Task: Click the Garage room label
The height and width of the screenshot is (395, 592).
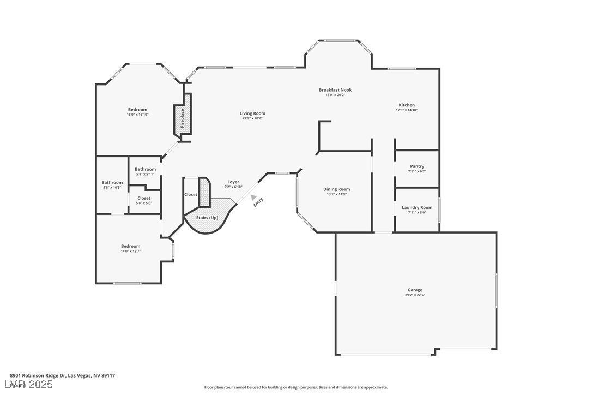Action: point(415,290)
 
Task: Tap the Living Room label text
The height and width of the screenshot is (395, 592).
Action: point(252,113)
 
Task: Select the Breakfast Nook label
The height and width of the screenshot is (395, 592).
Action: point(335,90)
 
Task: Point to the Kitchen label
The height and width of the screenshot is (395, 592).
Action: point(407,105)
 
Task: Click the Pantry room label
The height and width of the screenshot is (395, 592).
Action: point(417,166)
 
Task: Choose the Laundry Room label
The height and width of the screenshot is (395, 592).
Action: point(417,207)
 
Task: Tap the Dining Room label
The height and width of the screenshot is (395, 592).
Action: point(336,189)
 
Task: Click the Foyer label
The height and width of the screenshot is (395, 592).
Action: point(233,182)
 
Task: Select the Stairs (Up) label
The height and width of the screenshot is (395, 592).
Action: point(207,218)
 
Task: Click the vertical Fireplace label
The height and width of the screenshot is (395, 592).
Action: point(183,118)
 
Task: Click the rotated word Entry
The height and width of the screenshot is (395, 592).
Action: point(258,201)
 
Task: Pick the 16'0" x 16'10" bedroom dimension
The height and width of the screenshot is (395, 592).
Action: point(137,115)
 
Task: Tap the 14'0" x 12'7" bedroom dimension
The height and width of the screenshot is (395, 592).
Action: point(131,251)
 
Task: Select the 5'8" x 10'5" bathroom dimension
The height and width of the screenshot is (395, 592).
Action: point(112,188)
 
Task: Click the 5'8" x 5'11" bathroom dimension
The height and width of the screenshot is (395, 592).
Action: point(146,174)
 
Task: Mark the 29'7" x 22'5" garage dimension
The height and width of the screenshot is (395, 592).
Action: point(415,295)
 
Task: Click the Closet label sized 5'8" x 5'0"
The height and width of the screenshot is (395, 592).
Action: point(144,198)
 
